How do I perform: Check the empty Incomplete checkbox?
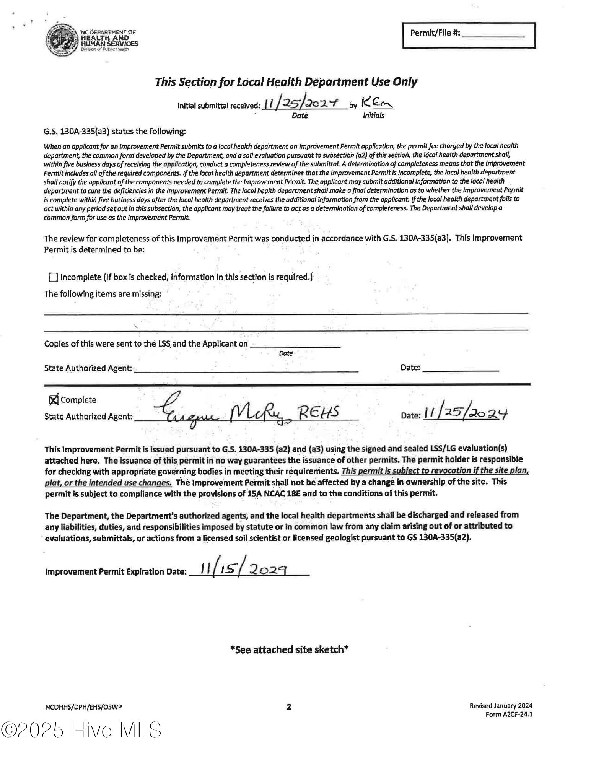[x=53, y=277]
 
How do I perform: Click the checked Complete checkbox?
[x=54, y=400]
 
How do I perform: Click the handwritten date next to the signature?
[x=465, y=413]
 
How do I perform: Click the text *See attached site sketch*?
[x=289, y=649]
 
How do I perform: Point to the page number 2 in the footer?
[x=289, y=707]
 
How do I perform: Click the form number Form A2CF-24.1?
[x=508, y=715]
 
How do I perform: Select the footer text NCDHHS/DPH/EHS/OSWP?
[x=83, y=707]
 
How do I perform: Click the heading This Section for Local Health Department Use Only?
[x=286, y=82]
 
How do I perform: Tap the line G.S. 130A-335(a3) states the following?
[x=115, y=132]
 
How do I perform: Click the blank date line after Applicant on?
[x=295, y=344]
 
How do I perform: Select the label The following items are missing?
[x=103, y=294]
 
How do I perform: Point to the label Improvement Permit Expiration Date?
[x=116, y=572]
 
